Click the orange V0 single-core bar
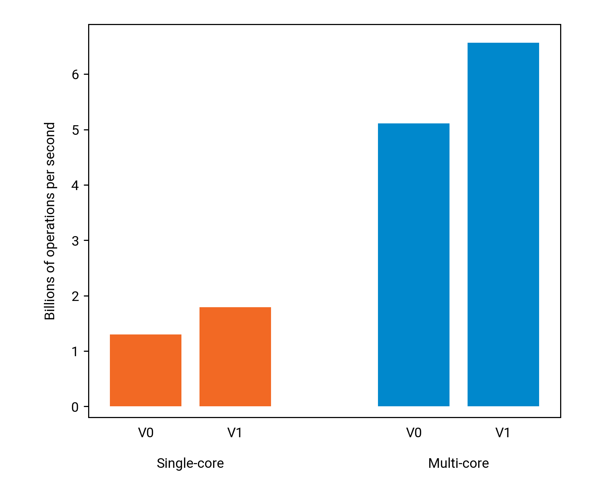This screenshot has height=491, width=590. (x=146, y=370)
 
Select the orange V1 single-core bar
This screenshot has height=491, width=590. (x=235, y=357)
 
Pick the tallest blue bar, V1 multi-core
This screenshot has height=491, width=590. (x=503, y=224)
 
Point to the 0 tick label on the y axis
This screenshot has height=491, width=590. (x=75, y=407)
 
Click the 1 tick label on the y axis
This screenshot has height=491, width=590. (x=75, y=352)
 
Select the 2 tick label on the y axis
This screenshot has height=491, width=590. (x=75, y=297)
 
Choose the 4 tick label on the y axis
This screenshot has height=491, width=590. (x=75, y=186)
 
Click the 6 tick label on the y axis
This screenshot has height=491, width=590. (x=75, y=75)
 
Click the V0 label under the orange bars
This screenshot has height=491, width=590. (x=146, y=433)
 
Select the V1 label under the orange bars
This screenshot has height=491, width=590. (x=235, y=433)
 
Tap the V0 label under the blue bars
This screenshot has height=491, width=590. (x=414, y=433)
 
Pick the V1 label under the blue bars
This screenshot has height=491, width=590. (x=503, y=433)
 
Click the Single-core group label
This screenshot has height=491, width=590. (x=190, y=463)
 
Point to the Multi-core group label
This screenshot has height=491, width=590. (x=458, y=463)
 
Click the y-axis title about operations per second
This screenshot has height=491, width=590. (x=50, y=221)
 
